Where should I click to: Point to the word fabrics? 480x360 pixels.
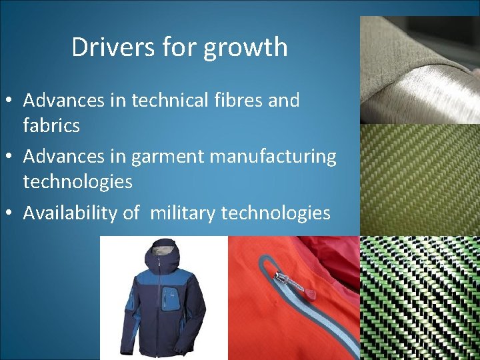(x=51, y=125)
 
